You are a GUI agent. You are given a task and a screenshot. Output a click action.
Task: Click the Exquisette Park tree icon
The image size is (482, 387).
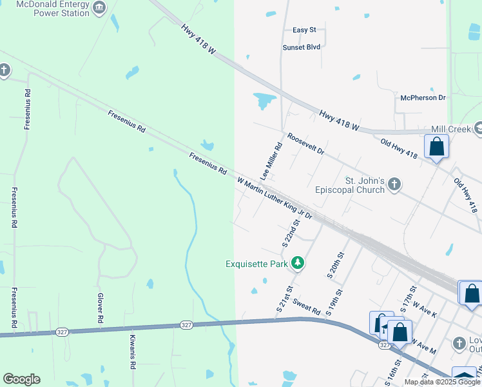[298, 263]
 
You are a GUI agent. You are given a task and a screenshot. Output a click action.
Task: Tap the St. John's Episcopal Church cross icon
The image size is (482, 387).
[395, 186]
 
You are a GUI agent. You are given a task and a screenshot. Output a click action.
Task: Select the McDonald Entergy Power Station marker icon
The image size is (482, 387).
[99, 8]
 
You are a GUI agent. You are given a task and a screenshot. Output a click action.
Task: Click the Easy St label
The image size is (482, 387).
[304, 30]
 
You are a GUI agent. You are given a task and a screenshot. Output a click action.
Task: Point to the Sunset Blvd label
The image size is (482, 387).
[301, 47]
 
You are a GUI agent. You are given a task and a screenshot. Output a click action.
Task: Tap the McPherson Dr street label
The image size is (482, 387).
[423, 97]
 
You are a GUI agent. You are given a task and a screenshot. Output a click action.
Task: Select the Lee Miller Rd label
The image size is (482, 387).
[271, 161]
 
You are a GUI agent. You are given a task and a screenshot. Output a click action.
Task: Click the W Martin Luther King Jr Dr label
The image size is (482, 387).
[275, 198]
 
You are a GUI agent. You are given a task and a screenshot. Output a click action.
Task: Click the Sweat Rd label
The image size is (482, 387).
[306, 306]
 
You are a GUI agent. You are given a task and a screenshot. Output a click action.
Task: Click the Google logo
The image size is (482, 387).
[21, 379]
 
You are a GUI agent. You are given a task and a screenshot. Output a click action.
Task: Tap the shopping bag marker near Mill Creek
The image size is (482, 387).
[437, 146]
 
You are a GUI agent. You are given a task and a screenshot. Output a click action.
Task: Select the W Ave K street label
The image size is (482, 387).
[425, 303]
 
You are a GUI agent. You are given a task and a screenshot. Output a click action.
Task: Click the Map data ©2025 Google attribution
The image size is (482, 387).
[442, 382]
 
